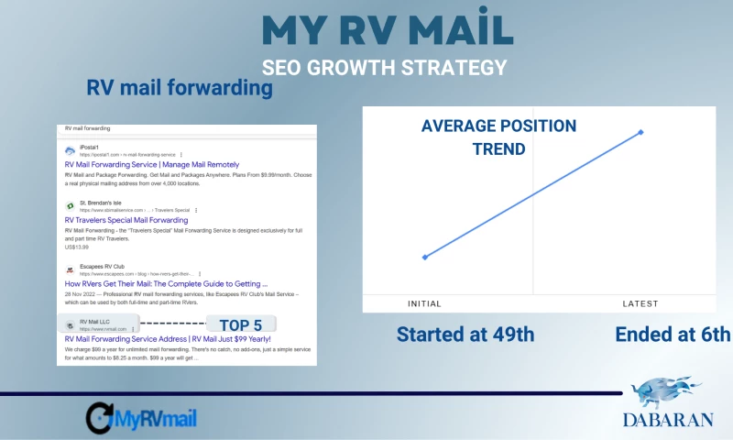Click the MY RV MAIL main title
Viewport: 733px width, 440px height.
click(387, 29)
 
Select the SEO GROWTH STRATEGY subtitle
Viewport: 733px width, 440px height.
click(384, 68)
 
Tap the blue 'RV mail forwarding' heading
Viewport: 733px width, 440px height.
click(180, 89)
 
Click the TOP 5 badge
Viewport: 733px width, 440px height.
click(240, 324)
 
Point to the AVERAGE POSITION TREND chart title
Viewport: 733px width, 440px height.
click(498, 137)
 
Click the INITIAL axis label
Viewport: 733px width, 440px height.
click(424, 303)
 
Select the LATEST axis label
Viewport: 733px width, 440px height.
click(640, 303)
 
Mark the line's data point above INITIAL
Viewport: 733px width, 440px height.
click(424, 257)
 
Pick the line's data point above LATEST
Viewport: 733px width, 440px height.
click(640, 132)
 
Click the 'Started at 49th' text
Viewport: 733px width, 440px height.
click(465, 334)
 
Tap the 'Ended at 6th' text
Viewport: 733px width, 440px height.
click(673, 334)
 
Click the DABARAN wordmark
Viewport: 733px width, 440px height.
click(668, 421)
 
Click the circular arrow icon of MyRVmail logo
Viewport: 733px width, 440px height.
click(99, 418)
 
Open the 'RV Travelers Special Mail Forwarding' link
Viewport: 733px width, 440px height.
click(126, 220)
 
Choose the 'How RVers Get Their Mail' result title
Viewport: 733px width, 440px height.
click(166, 284)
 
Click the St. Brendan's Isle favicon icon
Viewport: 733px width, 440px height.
click(70, 206)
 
